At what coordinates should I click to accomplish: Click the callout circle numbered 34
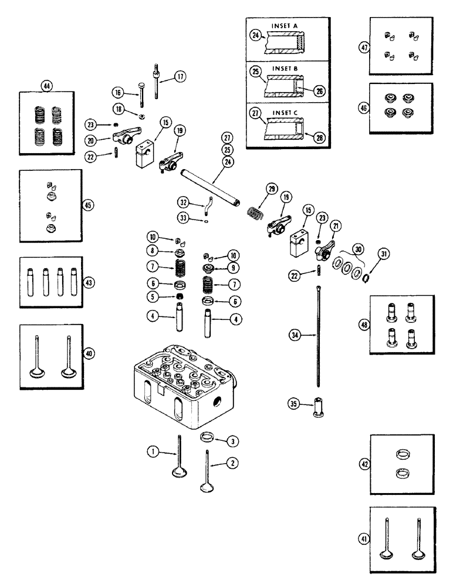(x=294, y=335)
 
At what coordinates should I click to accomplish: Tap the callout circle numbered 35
(x=294, y=403)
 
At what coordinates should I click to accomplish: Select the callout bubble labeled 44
(x=46, y=86)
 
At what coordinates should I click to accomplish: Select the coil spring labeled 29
(x=254, y=209)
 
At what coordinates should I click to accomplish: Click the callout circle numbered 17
(x=179, y=76)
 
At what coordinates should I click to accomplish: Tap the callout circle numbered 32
(x=183, y=203)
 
